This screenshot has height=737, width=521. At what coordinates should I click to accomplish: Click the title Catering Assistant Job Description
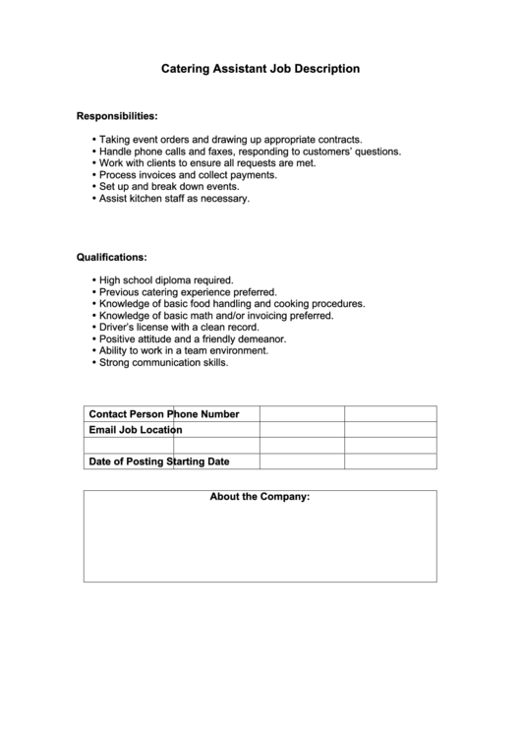point(260,69)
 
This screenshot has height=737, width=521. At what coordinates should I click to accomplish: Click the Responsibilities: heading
point(117,116)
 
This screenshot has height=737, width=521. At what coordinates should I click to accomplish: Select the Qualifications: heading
point(112,257)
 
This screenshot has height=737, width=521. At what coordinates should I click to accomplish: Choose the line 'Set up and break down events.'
point(169,186)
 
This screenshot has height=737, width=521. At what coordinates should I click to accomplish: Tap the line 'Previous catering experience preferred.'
point(188,292)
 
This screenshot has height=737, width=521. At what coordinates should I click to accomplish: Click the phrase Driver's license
point(135,328)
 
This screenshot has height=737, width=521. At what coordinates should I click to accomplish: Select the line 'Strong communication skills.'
point(163,362)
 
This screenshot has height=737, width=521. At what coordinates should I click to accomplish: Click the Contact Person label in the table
point(127,414)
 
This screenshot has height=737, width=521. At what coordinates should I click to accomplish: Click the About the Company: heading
point(260,497)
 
